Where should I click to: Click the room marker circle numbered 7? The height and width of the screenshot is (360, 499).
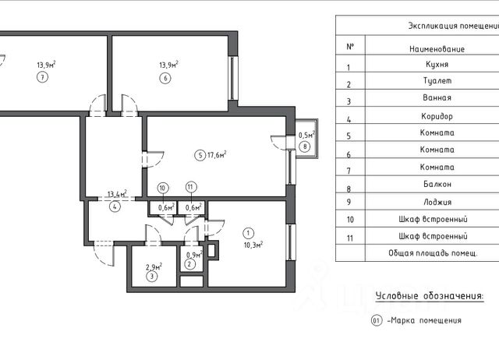41,79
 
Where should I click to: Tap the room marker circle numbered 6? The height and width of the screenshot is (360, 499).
165,79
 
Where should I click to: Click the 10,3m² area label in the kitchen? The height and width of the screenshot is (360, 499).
253,244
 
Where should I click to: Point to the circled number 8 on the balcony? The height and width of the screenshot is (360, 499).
306,146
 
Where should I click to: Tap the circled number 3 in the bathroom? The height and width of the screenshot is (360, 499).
153,276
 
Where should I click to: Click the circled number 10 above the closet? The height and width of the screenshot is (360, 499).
162,188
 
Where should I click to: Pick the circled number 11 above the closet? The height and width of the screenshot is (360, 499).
190,188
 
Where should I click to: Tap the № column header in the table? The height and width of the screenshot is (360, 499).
350,46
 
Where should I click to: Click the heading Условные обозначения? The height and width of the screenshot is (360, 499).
429,295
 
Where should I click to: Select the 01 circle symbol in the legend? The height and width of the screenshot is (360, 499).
376,320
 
